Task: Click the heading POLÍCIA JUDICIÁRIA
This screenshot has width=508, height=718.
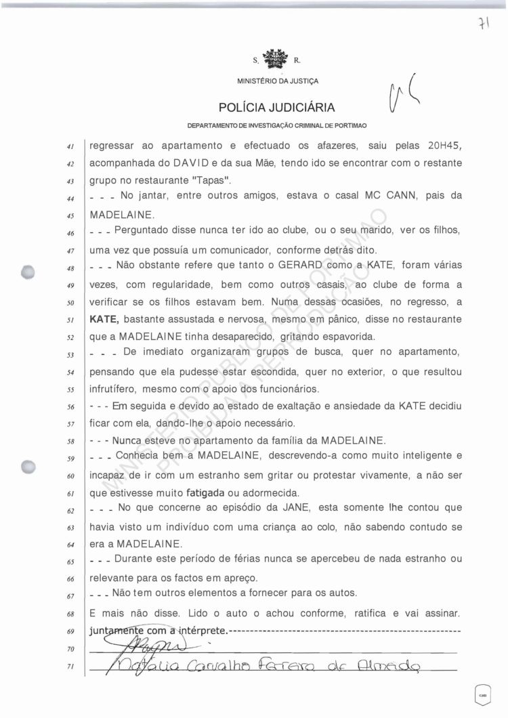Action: tap(276, 107)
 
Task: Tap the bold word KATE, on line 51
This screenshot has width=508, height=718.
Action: tap(106, 318)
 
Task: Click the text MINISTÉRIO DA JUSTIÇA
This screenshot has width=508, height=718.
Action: tap(277, 81)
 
